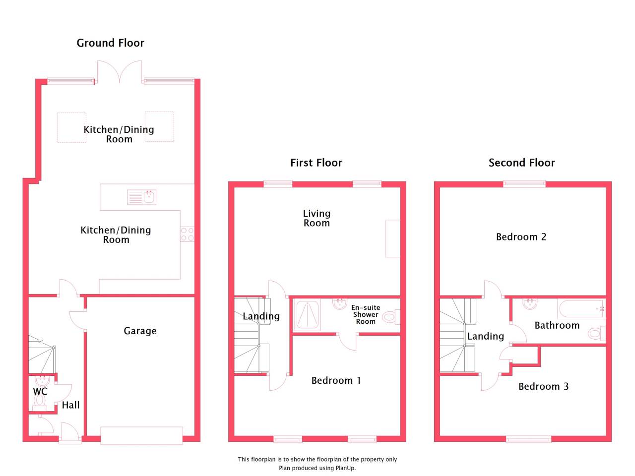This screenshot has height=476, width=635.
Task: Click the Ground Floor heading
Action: tap(110, 43)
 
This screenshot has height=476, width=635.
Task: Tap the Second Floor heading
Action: tap(521, 163)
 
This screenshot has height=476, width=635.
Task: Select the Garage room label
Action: tap(140, 331)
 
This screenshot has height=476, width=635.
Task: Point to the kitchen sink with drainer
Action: tap(141, 197)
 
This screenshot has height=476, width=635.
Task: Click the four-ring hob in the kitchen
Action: tap(187, 234)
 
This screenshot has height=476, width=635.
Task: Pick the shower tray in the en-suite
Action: tap(307, 315)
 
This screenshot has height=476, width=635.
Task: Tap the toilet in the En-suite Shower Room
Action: tap(391, 317)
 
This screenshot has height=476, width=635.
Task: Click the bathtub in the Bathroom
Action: tap(581, 309)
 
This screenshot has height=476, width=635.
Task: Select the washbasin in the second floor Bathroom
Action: tap(530, 304)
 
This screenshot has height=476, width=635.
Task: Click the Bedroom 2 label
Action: tap(521, 237)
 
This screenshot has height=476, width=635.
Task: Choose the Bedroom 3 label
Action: tap(543, 386)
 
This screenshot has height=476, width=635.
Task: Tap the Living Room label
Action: tap(317, 218)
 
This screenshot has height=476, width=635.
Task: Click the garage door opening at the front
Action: tap(141, 435)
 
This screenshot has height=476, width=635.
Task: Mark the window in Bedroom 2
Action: tap(524, 183)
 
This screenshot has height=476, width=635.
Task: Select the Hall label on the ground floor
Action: tap(70, 405)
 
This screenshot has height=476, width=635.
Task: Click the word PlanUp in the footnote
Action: tap(345, 468)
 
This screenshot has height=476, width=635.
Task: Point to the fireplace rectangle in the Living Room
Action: tap(393, 238)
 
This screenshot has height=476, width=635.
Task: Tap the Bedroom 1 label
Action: tap(336, 381)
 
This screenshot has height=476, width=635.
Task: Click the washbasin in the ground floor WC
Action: tap(42, 381)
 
